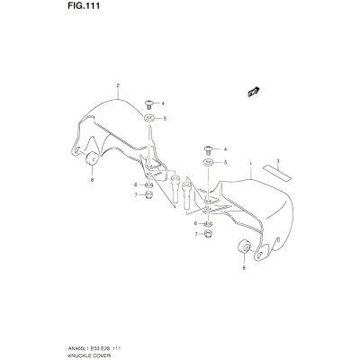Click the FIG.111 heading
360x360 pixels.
click(x=82, y=6)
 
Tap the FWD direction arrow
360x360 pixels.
click(x=254, y=92)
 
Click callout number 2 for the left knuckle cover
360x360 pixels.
click(x=118, y=85)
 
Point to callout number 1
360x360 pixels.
click(x=250, y=164)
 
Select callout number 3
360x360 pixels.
click(x=278, y=161)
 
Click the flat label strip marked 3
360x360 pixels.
click(x=277, y=173)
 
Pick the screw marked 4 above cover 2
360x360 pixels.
click(x=148, y=105)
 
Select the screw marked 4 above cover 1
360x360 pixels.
click(x=208, y=150)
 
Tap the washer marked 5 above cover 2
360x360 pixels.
click(x=148, y=118)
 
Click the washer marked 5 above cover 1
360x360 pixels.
click(x=208, y=163)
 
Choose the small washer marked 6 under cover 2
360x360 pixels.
click(x=149, y=184)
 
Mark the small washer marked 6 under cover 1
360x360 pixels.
click(x=209, y=223)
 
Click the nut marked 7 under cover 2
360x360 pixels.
click(x=148, y=194)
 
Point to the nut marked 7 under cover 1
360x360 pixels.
click(x=209, y=233)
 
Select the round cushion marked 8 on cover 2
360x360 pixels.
click(x=92, y=158)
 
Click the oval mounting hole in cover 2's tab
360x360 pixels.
click(x=76, y=151)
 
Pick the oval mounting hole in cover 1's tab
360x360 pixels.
click(x=259, y=256)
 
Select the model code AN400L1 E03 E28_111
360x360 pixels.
click(x=96, y=348)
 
